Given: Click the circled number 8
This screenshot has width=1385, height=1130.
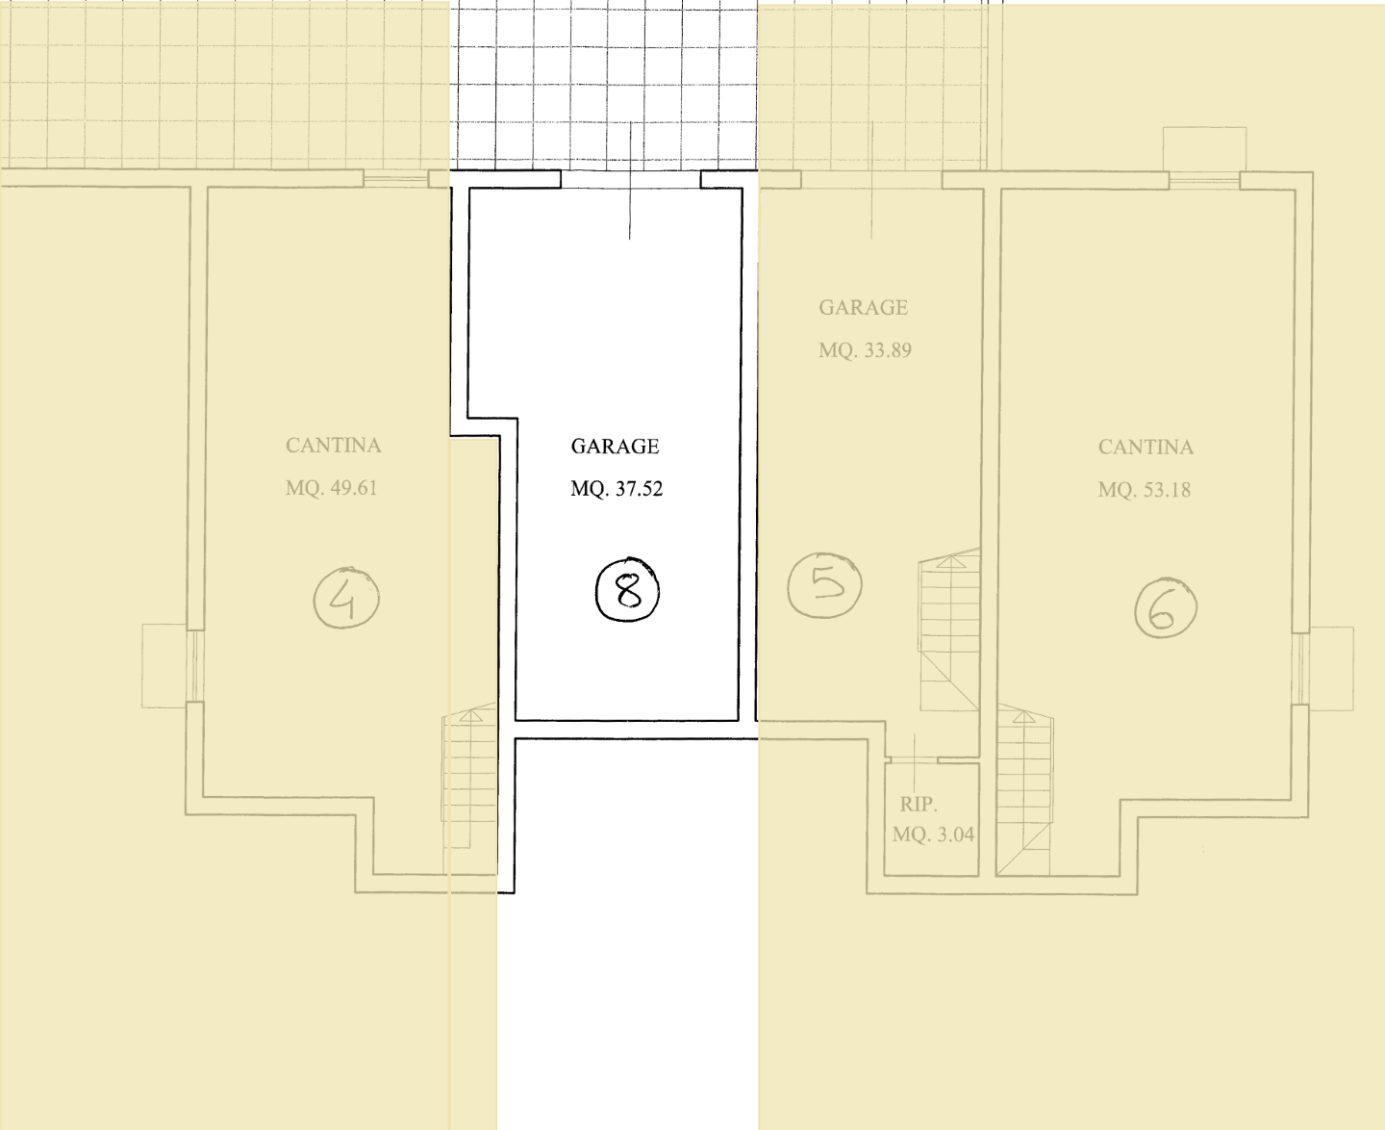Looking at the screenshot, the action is point(627,590).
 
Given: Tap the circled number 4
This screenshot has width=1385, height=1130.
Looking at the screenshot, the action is point(346,597).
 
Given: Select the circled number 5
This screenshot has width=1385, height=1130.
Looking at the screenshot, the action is point(825,584).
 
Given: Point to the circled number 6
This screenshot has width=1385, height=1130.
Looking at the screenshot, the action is point(1166,608).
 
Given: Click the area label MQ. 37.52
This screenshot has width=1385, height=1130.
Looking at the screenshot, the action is point(617,489).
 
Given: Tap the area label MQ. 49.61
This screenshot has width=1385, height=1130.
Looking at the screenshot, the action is point(332,488).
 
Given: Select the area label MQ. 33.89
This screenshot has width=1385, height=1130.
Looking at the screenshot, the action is point(865,350).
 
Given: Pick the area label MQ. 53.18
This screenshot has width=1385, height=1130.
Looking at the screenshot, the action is point(1144,490).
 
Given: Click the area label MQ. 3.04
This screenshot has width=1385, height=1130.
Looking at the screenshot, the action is point(933,835).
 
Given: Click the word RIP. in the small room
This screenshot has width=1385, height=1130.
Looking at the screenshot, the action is point(919,804).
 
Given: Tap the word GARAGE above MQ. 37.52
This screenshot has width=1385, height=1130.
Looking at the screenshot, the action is point(615,447).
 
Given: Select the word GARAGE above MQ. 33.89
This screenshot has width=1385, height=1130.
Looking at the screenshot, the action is point(863,308).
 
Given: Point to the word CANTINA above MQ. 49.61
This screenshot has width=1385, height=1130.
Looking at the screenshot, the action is point(333,446).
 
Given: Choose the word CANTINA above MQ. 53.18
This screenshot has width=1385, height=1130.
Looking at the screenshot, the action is point(1146,448).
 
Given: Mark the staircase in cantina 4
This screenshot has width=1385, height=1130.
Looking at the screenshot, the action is point(469,776).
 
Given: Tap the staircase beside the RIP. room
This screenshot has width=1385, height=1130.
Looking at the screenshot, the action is point(1024,789).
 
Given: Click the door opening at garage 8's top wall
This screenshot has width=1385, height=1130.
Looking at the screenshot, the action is point(630,179).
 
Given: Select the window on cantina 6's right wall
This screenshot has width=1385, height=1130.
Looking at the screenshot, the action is point(1301,669).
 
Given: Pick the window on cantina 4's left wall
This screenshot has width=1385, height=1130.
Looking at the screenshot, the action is point(195,666).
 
